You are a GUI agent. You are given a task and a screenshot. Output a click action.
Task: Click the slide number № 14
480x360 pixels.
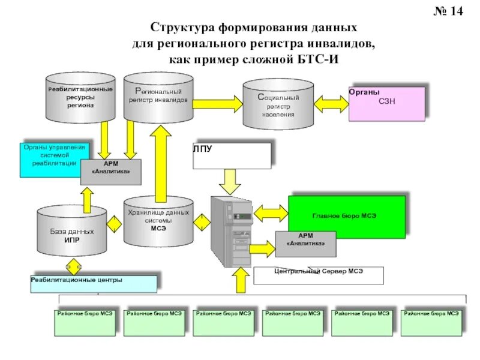449,12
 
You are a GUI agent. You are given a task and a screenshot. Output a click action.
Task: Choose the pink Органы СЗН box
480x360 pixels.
387,104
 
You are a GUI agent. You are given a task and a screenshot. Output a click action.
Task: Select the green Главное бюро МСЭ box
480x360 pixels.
347,214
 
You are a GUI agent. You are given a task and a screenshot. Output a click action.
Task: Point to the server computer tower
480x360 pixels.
230,231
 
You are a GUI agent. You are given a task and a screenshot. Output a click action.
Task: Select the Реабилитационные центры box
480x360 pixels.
94,283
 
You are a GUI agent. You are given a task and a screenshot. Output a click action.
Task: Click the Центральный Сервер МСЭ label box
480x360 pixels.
318,275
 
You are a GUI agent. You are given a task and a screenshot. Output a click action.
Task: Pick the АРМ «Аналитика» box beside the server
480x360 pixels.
305,244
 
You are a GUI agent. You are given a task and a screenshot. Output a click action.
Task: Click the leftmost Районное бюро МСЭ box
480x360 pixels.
85,323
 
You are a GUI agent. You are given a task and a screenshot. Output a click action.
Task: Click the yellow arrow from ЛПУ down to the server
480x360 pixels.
231,178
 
